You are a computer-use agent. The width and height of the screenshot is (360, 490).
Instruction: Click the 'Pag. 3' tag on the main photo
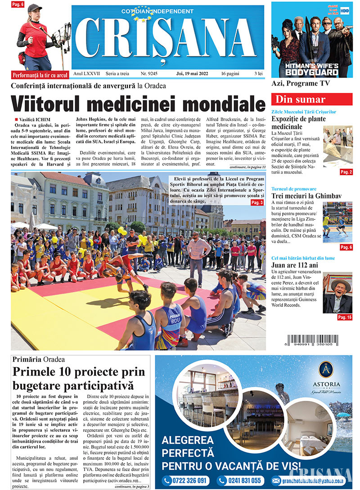(x=257, y=203)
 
